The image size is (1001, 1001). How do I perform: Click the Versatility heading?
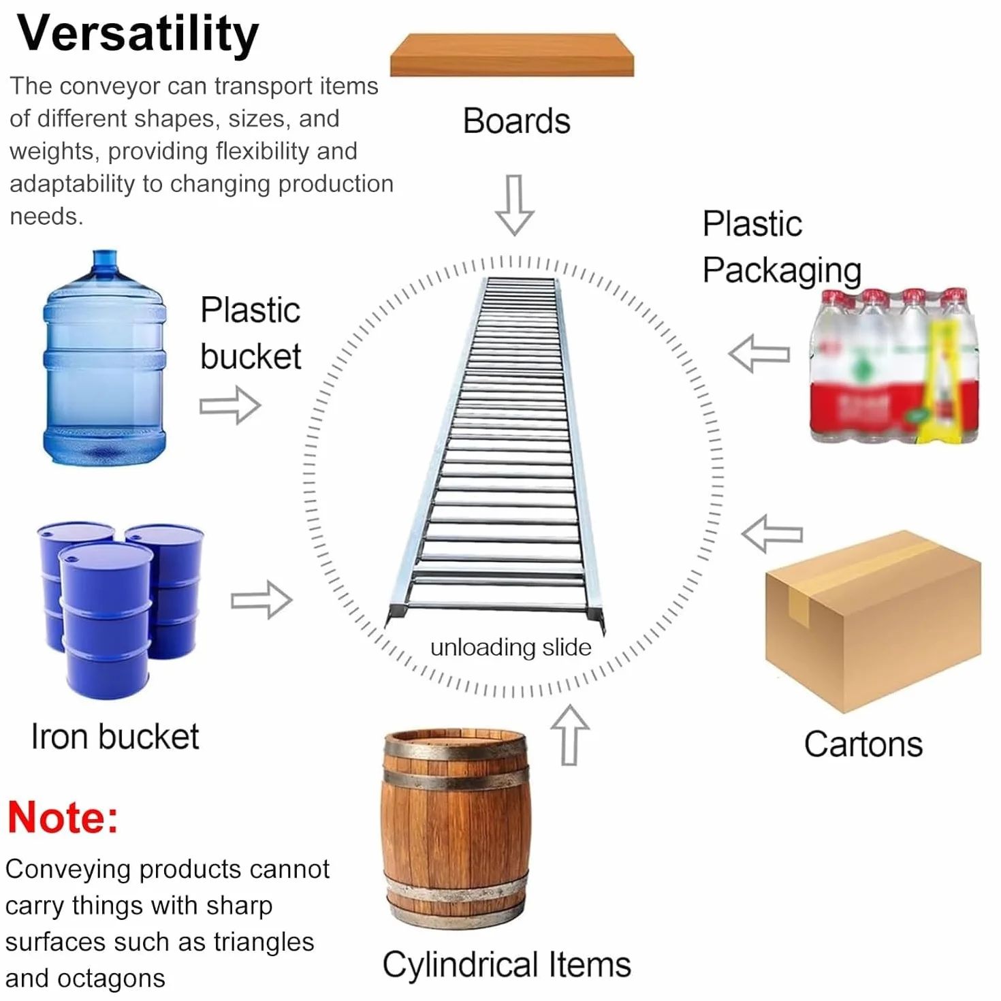coord(138,34)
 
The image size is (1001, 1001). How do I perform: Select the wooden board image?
coord(511,55)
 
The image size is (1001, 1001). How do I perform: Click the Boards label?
coord(516,121)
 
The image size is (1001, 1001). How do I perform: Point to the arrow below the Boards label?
coord(514,205)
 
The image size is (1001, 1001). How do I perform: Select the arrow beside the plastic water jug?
coord(230,404)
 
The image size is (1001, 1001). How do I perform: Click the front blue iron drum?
coord(106,621)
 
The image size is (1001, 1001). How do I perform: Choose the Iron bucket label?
coord(115,736)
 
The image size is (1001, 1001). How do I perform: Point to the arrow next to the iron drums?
coord(261,600)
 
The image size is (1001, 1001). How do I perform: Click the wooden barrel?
coord(456,829)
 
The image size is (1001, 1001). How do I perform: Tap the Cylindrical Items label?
coord(507,965)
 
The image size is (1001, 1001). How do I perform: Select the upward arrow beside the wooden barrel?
coord(570,735)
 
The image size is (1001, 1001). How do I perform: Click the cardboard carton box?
coord(873,621)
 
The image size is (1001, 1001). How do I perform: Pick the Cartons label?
coord(863,744)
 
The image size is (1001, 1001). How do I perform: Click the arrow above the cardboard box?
coord(772,533)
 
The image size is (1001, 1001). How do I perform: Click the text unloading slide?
coord(511,648)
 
